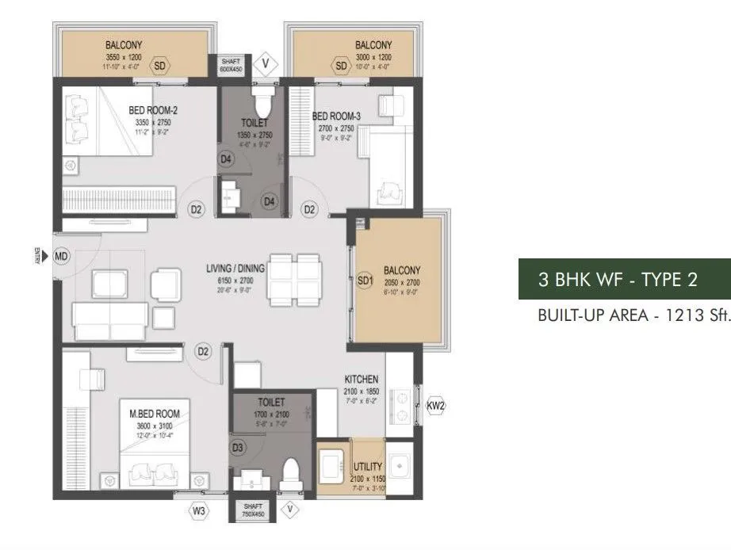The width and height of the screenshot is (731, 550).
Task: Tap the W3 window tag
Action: tap(199, 511)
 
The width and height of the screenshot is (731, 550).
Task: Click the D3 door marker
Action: tap(238, 449)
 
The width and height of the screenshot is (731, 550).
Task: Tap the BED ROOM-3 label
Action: tap(336, 116)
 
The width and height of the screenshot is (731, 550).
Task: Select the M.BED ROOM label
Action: tap(155, 414)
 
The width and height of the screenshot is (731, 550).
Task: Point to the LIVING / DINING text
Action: tap(235, 269)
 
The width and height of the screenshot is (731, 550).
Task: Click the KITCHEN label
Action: tap(361, 380)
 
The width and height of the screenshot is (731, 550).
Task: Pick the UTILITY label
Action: tap(368, 467)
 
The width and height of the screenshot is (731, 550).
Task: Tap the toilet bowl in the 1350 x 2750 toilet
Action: tap(261, 104)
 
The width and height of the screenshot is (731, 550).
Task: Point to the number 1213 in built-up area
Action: tap(677, 315)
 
